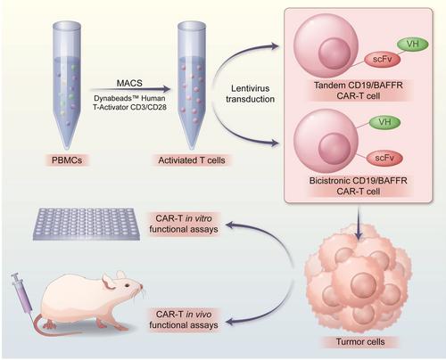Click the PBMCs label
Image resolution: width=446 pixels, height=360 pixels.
click(x=67, y=160)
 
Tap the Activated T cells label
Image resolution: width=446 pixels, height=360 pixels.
click(x=192, y=160)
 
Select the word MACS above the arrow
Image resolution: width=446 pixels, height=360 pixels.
click(x=129, y=83)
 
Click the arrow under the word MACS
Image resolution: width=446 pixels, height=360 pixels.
click(x=130, y=89)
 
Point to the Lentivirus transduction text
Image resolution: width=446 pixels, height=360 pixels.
click(x=250, y=94)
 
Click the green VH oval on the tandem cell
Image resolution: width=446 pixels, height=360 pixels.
click(x=413, y=45)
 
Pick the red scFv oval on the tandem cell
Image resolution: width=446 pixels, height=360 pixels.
click(x=383, y=59)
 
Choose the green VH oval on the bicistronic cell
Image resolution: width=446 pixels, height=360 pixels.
click(x=384, y=122)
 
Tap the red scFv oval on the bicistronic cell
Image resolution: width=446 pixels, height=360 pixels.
click(x=384, y=158)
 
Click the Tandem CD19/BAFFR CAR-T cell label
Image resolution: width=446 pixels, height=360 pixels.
click(x=359, y=91)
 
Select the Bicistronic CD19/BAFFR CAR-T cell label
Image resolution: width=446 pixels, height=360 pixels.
click(x=359, y=185)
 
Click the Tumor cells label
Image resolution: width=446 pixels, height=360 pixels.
click(x=360, y=342)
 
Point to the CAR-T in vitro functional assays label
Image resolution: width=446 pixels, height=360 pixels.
click(x=184, y=224)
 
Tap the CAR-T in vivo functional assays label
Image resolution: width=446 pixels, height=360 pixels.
click(x=184, y=320)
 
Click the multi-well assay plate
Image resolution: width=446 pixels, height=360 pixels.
click(x=87, y=224)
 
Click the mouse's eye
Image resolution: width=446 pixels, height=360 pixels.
click(x=128, y=285)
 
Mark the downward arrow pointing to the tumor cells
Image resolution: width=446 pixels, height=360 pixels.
click(x=359, y=222)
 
